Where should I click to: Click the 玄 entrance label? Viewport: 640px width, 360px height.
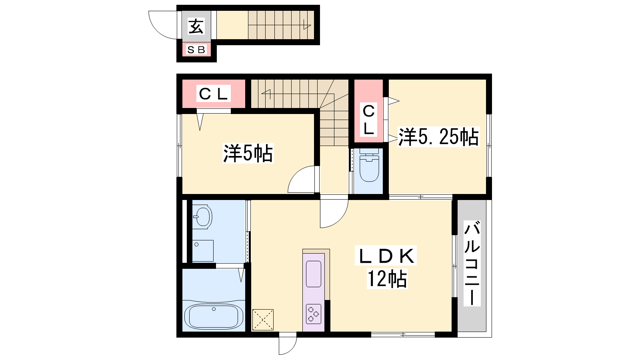coord(196,26)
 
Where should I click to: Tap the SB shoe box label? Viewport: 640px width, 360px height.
coord(196,50)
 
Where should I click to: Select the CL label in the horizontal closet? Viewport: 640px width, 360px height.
coord(214,93)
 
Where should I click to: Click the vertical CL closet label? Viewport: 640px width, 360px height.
coord(368,120)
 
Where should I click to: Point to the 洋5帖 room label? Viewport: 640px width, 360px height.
coord(248,153)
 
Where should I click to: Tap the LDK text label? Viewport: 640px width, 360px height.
coord(386,256)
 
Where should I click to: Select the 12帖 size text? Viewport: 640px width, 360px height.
coord(387,278)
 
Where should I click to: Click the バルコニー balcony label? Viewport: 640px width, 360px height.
coord(472,263)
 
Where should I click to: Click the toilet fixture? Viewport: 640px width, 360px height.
coord(369,165)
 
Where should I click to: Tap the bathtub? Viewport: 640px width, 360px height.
coord(214,316)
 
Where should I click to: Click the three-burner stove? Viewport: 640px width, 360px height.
coord(314,314)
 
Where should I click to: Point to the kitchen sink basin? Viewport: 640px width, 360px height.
coord(314,274)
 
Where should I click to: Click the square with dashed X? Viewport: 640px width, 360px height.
coord(263,320)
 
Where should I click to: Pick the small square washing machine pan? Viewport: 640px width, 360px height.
coord(202,250)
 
